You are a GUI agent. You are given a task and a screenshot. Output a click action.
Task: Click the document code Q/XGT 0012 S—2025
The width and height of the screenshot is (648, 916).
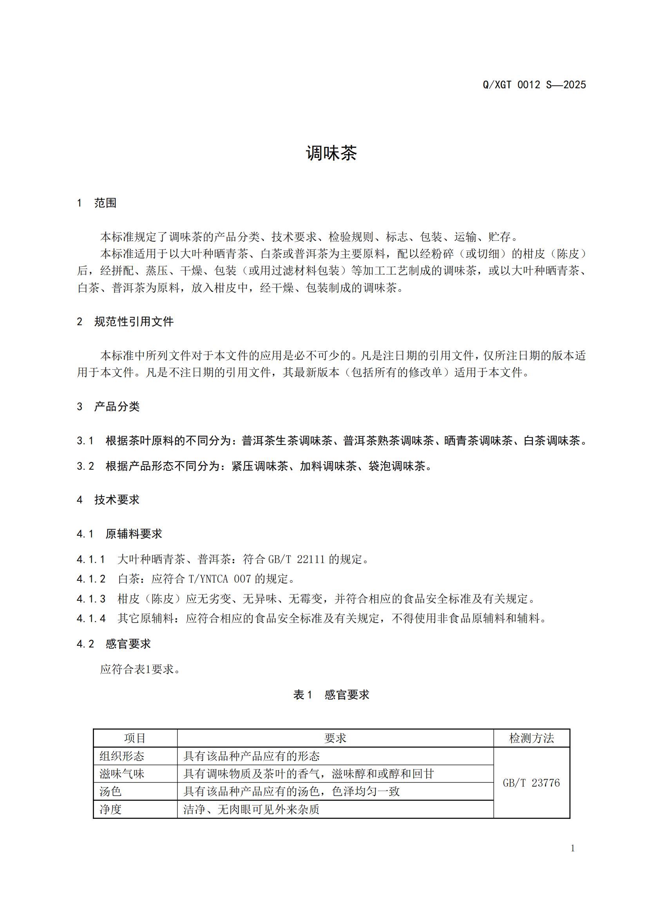click(534, 85)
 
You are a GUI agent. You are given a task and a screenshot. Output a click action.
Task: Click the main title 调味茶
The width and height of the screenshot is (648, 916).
click(331, 153)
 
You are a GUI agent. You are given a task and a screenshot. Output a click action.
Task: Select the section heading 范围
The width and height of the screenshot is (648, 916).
click(105, 203)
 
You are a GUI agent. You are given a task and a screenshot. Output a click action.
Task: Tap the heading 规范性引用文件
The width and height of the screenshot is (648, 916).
click(134, 322)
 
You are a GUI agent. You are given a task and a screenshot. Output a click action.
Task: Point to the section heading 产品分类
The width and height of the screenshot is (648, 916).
click(117, 407)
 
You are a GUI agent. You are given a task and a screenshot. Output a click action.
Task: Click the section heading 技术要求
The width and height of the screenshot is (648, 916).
click(117, 499)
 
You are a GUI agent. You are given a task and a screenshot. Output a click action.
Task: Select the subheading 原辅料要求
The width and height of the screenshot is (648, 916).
click(134, 534)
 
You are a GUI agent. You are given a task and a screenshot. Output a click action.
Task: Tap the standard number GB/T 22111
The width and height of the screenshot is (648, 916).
click(297, 559)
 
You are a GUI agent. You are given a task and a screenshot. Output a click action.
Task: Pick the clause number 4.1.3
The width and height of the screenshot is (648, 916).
click(91, 598)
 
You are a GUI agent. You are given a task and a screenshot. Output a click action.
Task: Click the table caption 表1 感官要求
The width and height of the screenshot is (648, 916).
click(331, 695)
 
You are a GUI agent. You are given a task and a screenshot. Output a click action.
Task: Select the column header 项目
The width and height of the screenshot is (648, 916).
click(135, 738)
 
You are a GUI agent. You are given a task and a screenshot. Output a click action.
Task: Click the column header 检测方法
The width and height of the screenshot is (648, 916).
click(532, 738)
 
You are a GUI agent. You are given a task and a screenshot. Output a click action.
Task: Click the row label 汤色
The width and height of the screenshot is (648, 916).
click(110, 791)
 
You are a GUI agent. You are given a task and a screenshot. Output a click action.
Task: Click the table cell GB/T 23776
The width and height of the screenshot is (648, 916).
click(532, 783)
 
